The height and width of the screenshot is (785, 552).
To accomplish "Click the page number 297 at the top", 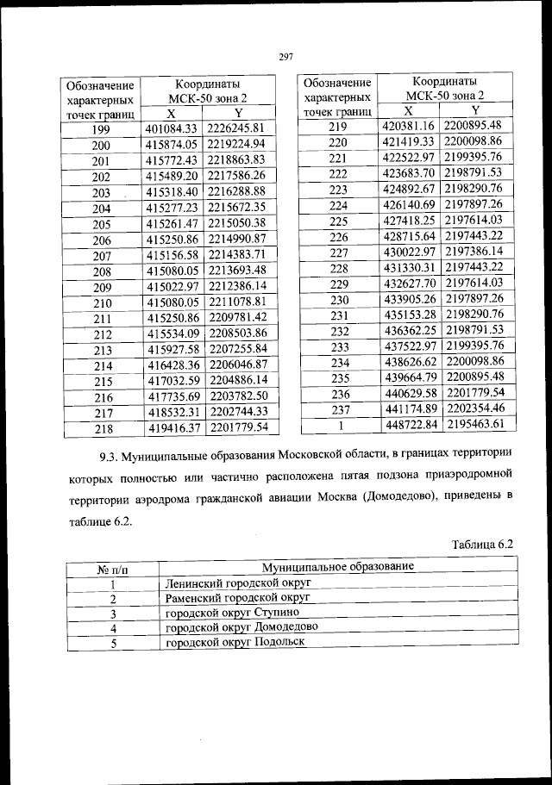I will pos(287,57).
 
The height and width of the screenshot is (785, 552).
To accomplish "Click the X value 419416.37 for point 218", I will pos(172,427).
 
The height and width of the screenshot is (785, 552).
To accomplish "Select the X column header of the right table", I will pos(409,110).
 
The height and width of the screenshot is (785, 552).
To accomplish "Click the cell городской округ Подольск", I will pos(223,643).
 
